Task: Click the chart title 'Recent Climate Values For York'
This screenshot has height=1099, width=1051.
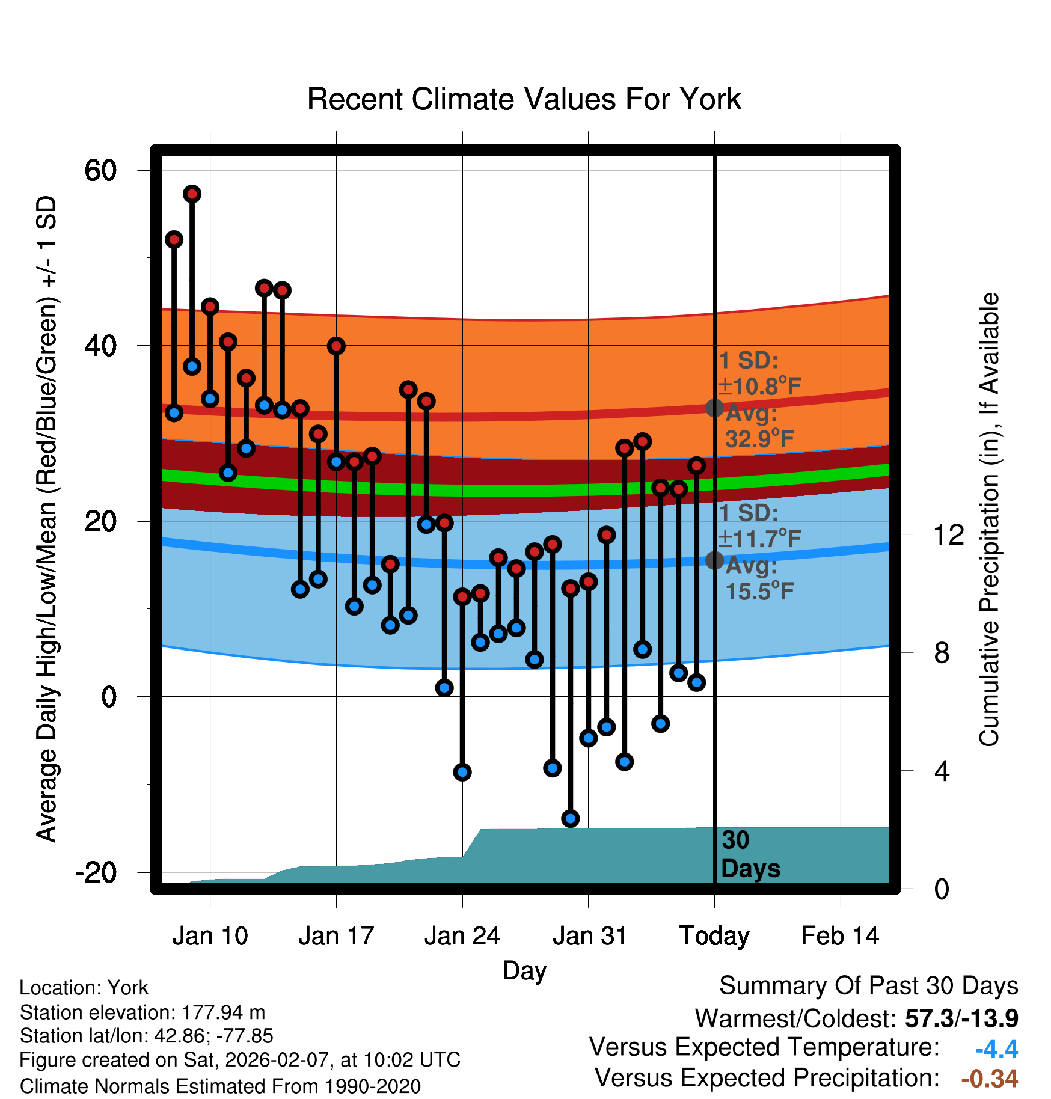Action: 524,99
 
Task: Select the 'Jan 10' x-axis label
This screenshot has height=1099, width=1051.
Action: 210,936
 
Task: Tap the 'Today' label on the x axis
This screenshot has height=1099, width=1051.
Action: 714,936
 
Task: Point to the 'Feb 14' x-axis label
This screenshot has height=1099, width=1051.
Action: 840,936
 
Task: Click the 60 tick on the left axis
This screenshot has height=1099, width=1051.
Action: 100,170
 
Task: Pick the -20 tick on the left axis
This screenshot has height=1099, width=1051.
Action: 96,872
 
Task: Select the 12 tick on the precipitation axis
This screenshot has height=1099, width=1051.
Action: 949,534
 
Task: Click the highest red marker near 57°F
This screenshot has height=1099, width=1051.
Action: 192,194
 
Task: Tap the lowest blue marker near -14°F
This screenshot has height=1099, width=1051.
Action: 570,818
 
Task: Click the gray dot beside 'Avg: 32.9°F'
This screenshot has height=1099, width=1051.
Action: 714,408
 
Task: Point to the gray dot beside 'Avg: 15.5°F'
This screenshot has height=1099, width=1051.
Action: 714,560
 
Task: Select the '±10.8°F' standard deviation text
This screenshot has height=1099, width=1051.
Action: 760,386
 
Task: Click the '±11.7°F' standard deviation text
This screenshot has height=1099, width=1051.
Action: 760,539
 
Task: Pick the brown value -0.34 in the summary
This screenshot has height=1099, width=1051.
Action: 990,1079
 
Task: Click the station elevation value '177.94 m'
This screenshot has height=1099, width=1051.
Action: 223,1012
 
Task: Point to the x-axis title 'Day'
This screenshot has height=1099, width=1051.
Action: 524,970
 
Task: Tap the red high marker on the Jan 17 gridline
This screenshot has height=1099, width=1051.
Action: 336,346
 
